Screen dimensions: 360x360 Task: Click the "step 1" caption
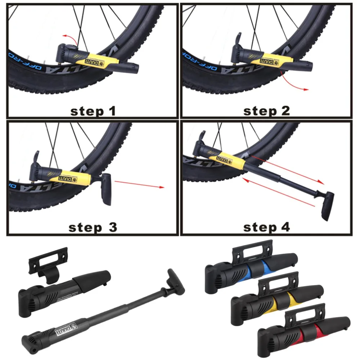point(93,111)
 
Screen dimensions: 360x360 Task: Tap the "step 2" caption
point(266,111)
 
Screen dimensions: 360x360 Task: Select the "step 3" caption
point(93,227)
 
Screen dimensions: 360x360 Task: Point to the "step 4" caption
point(266,227)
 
